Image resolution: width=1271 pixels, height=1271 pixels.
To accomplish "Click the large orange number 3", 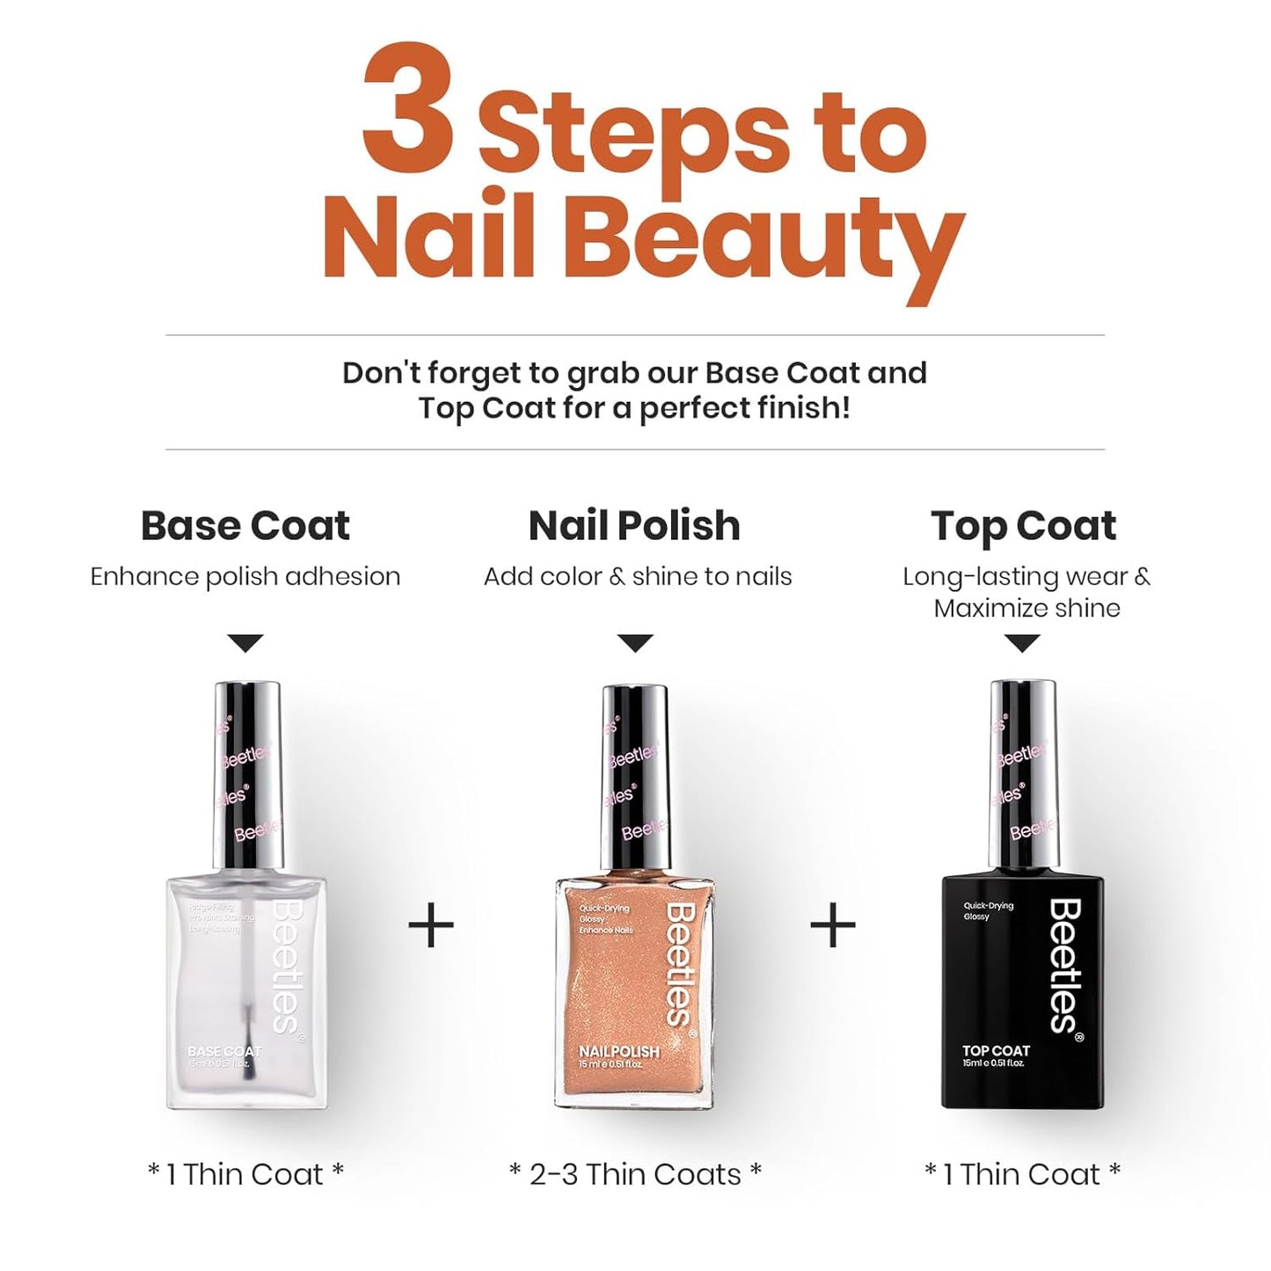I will click(408, 109).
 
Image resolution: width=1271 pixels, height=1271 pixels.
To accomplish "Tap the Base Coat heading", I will click(245, 526).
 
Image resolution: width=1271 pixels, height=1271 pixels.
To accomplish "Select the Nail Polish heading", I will click(634, 526).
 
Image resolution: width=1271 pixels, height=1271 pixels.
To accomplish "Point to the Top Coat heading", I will click(1023, 526).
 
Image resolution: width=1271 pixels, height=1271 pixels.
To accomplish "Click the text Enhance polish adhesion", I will click(245, 576).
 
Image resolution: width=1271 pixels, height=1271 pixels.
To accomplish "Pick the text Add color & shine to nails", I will click(638, 576).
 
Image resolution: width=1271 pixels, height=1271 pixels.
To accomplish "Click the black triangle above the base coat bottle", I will click(245, 643).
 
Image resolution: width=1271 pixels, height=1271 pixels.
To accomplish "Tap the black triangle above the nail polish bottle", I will click(635, 643).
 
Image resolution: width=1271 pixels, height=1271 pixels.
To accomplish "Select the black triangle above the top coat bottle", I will click(1022, 643).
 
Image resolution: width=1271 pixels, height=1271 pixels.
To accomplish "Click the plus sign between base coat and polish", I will click(431, 925).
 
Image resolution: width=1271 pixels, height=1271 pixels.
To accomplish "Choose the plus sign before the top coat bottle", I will click(832, 925).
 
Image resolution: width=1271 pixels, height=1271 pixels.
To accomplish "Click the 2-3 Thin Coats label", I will click(635, 1174).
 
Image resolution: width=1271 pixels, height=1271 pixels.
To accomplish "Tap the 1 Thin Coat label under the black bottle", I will click(1022, 1174).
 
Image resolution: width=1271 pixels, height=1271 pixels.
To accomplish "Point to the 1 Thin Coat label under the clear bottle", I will click(245, 1174).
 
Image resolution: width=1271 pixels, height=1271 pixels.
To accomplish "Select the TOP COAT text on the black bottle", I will click(996, 1050).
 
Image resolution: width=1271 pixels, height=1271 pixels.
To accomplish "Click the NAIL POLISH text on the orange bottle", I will click(618, 1051).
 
